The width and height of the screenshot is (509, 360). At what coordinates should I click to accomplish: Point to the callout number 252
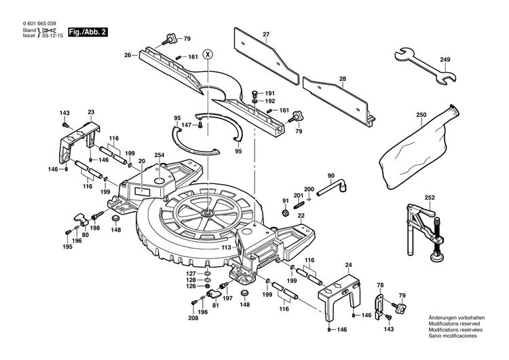(x=430, y=198)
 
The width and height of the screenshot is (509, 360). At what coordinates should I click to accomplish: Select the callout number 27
(x=266, y=34)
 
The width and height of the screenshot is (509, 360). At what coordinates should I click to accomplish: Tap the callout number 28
(x=342, y=79)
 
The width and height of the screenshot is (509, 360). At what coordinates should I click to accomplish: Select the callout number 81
(x=216, y=306)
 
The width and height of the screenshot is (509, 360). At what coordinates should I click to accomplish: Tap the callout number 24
(x=349, y=265)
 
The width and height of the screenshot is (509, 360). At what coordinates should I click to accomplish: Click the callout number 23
(x=91, y=113)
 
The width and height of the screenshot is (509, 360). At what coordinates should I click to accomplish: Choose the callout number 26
(x=126, y=55)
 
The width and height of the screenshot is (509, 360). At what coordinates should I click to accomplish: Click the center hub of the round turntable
(x=204, y=212)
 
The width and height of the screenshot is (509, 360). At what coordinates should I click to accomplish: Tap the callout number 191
(x=269, y=93)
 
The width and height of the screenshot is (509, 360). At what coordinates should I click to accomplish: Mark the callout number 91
(x=285, y=201)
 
